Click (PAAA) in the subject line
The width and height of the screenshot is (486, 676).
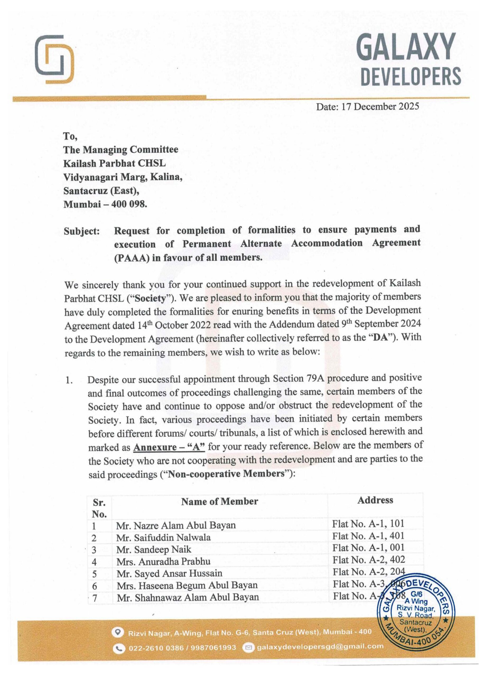point(131,258)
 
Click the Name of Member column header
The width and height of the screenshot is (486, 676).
point(219,502)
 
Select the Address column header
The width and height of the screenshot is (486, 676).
point(375,500)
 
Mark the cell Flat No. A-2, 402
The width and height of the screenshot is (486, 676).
point(369,560)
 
